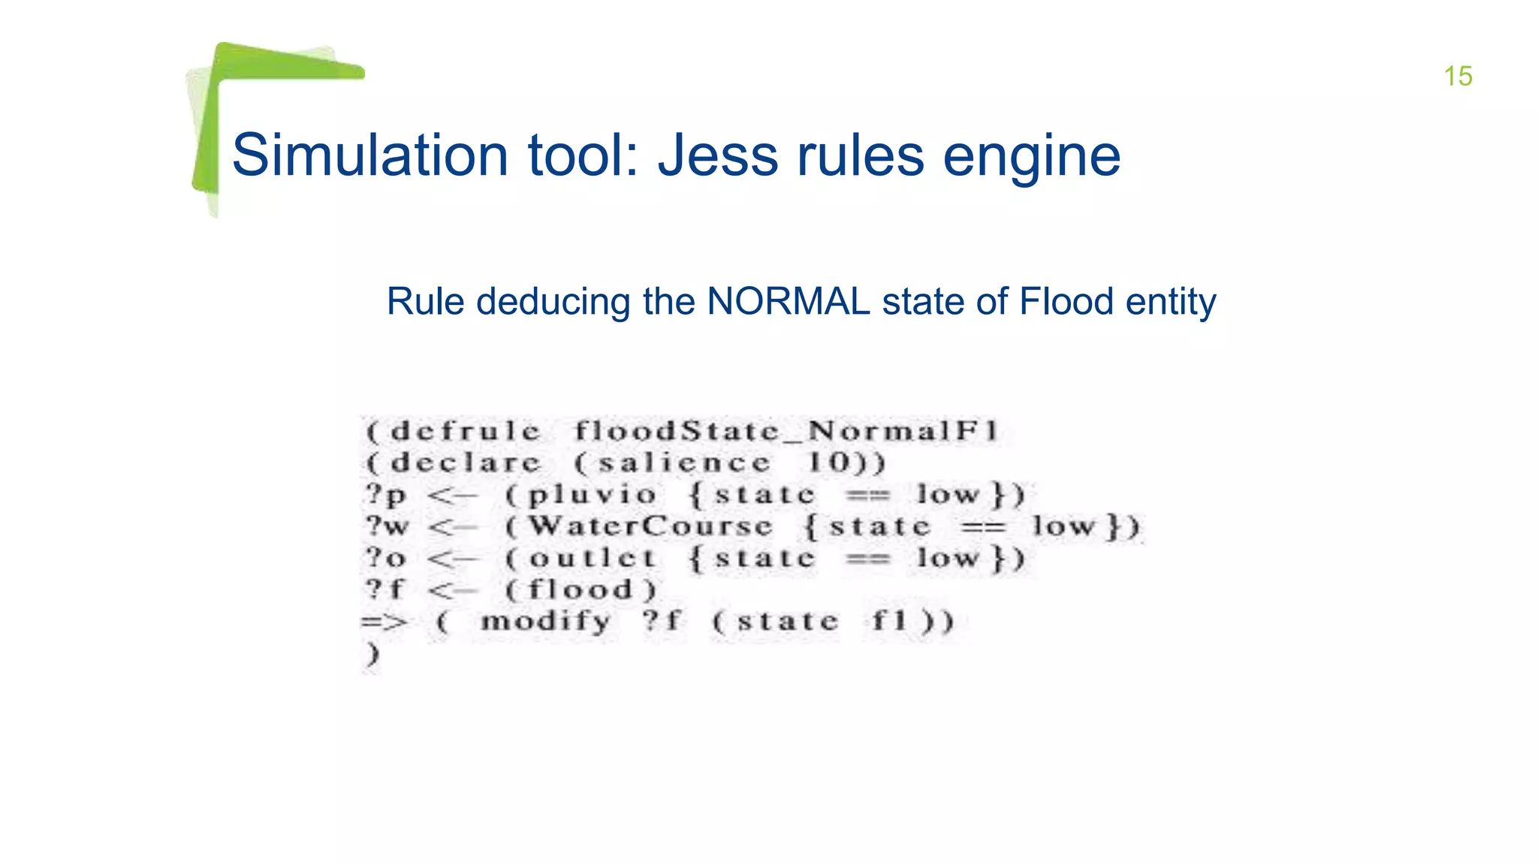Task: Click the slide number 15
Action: coord(1458,76)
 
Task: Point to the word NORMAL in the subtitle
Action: coord(789,302)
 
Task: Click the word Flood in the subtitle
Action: coord(1066,302)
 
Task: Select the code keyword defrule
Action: coord(466,432)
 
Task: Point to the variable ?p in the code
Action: coord(386,496)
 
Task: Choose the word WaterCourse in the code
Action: coord(650,526)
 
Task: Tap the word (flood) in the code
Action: coord(581,590)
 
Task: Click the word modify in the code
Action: coord(546,622)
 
